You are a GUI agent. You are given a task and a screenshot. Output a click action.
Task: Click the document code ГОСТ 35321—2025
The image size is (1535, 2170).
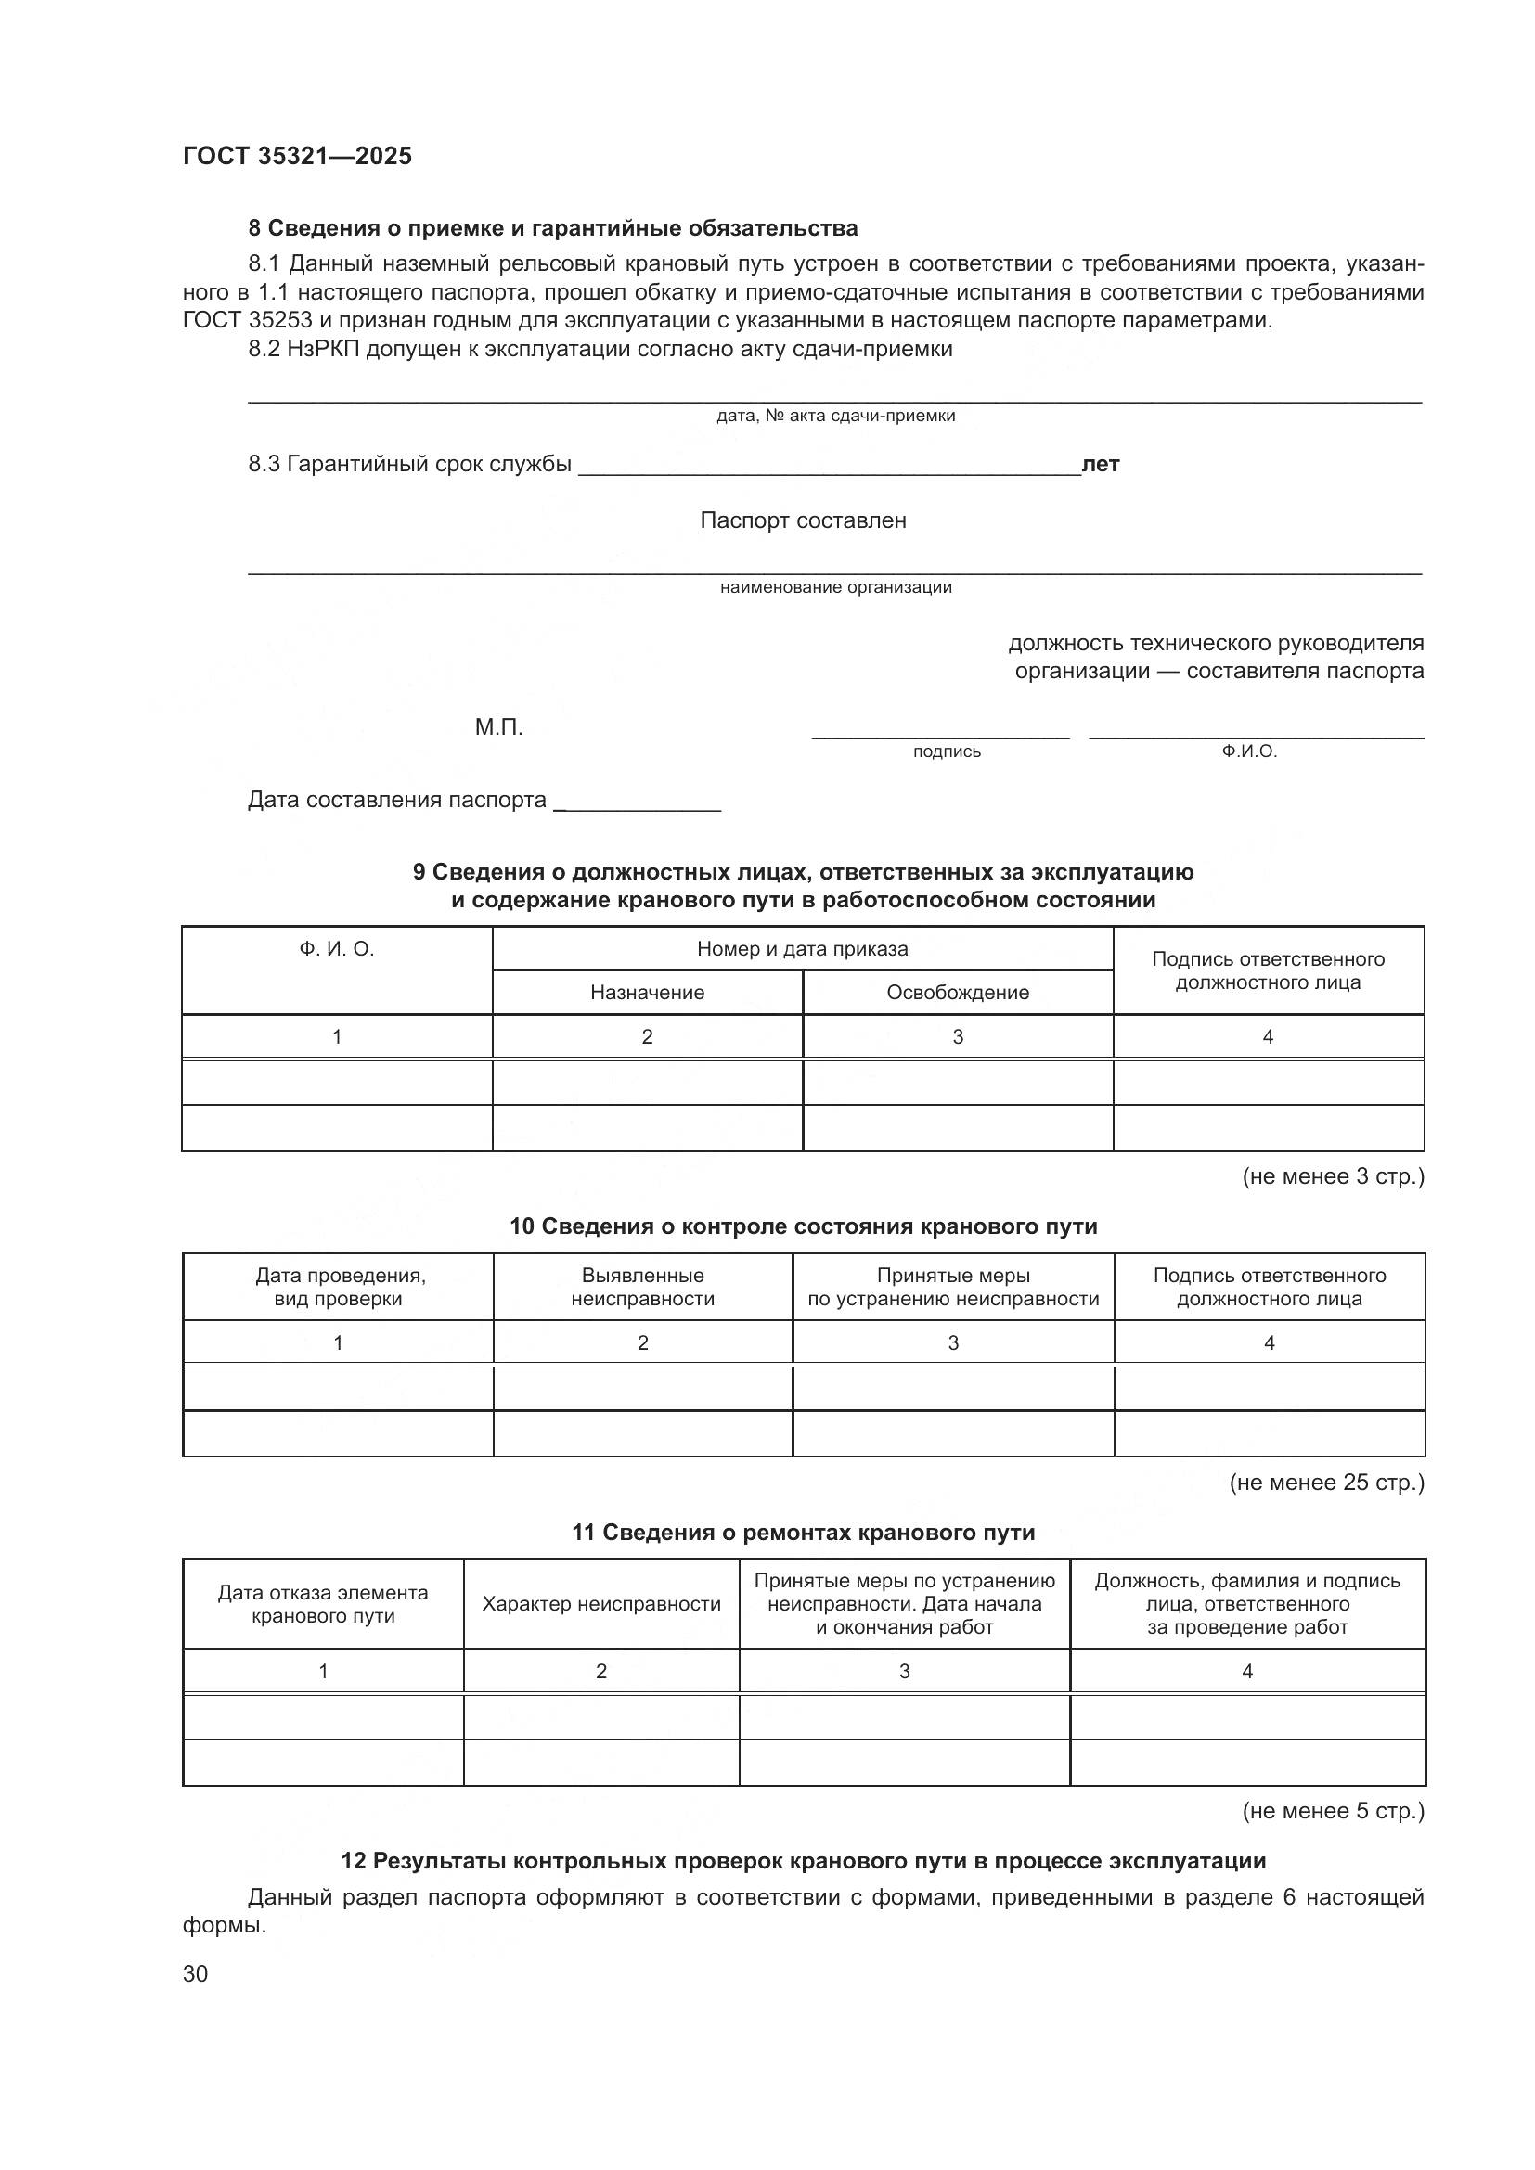pyautogui.click(x=297, y=156)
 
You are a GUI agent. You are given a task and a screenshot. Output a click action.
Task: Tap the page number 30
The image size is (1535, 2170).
pyautogui.click(x=195, y=1974)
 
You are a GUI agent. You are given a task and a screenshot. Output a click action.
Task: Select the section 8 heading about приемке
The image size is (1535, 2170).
pyautogui.click(x=553, y=228)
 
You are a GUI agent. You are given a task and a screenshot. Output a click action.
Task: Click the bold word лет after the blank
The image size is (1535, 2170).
pyautogui.click(x=1101, y=464)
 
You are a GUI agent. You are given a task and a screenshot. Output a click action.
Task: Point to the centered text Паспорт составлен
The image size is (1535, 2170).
pyautogui.click(x=803, y=520)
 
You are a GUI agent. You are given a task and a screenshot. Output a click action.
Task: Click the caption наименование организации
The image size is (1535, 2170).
pyautogui.click(x=835, y=588)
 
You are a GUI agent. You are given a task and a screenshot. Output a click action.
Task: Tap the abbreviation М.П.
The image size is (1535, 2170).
pyautogui.click(x=498, y=727)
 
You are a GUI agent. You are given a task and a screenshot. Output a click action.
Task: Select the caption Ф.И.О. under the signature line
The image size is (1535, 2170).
pyautogui.click(x=1248, y=752)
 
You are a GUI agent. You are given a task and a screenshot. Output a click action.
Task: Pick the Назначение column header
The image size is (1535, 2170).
pyautogui.click(x=647, y=993)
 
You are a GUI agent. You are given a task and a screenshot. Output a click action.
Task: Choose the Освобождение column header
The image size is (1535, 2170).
pyautogui.click(x=957, y=993)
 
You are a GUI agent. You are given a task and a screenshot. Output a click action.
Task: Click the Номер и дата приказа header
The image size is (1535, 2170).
pyautogui.click(x=802, y=949)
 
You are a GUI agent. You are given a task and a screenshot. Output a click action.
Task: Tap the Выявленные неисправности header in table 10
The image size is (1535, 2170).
pyautogui.click(x=642, y=1288)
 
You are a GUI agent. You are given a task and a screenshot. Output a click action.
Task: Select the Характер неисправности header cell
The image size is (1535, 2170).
pyautogui.click(x=601, y=1604)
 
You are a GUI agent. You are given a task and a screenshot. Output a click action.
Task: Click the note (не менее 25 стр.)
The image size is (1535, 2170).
pyautogui.click(x=1326, y=1483)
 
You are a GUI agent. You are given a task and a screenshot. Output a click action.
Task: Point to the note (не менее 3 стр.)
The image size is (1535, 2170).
pyautogui.click(x=1332, y=1176)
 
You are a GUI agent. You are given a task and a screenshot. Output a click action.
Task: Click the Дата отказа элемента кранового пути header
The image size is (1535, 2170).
pyautogui.click(x=322, y=1604)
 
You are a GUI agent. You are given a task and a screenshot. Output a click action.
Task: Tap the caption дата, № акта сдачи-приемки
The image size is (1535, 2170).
pyautogui.click(x=835, y=416)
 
